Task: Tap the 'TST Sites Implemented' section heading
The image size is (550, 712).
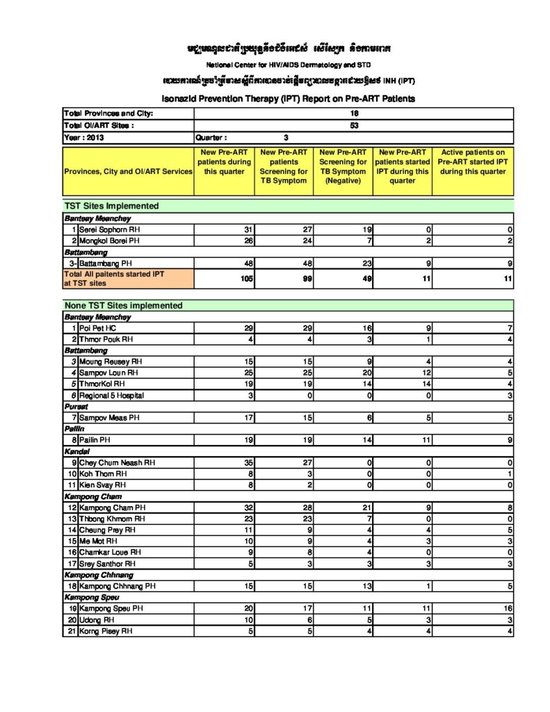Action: (x=111, y=206)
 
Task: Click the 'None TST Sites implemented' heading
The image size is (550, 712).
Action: (x=123, y=305)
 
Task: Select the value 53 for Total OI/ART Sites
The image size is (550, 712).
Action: (x=354, y=126)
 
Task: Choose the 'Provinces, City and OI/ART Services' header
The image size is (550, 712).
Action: (x=128, y=171)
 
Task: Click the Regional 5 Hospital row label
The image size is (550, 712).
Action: (x=111, y=396)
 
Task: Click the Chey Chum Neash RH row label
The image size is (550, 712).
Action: (x=117, y=462)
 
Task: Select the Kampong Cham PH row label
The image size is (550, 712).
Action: (x=112, y=508)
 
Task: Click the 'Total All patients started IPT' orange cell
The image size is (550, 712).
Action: (x=128, y=279)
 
